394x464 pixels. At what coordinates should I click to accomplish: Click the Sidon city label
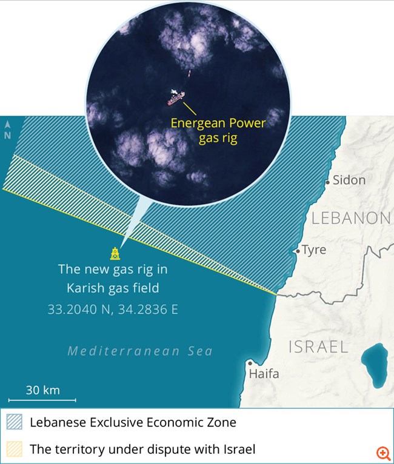pyautogui.click(x=350, y=180)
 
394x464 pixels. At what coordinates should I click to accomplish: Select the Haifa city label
pyautogui.click(x=264, y=374)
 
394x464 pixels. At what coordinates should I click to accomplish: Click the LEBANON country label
pyautogui.click(x=351, y=219)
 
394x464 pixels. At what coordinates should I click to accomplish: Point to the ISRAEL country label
pyautogui.click(x=318, y=347)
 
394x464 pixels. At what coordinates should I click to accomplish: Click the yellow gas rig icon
pyautogui.click(x=115, y=253)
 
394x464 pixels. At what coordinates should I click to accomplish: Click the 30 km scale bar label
pyautogui.click(x=42, y=390)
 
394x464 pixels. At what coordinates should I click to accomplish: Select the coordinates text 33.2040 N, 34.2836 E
pyautogui.click(x=113, y=310)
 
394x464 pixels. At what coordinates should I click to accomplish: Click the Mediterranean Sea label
pyautogui.click(x=140, y=351)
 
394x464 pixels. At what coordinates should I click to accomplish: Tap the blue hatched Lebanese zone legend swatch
pyautogui.click(x=14, y=423)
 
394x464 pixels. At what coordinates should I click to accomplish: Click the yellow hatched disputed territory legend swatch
pyautogui.click(x=14, y=449)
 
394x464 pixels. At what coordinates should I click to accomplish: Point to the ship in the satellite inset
pyautogui.click(x=176, y=96)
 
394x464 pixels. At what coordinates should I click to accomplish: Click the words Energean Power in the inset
pyautogui.click(x=218, y=123)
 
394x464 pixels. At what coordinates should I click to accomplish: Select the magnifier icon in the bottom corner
pyautogui.click(x=382, y=452)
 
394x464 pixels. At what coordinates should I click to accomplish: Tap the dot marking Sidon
pyautogui.click(x=327, y=181)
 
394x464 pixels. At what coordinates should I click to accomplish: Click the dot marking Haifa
pyautogui.click(x=250, y=363)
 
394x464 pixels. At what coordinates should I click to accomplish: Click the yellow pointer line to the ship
pyautogui.click(x=189, y=108)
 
